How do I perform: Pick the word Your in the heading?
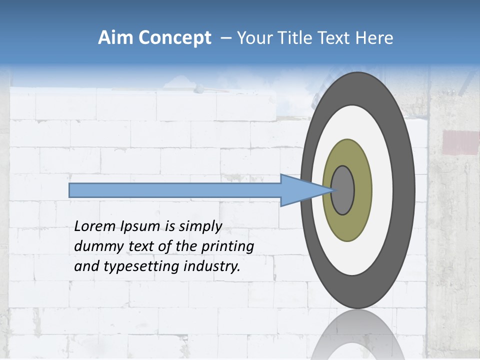[x=253, y=38]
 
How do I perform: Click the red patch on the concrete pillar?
[x=460, y=142]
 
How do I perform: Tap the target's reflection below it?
[x=357, y=335]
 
